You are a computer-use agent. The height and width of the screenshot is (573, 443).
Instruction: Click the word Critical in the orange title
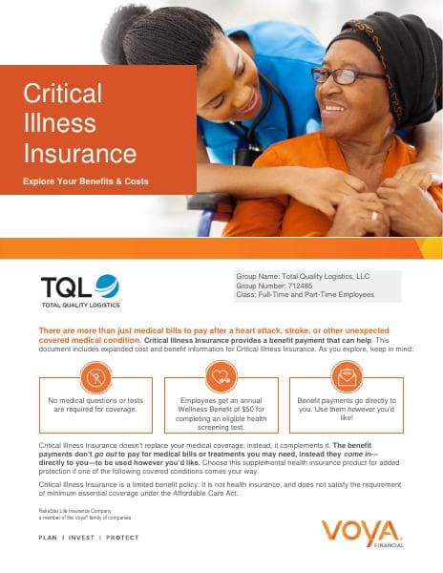(x=62, y=94)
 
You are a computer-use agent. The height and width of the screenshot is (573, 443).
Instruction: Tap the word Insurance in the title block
(x=79, y=152)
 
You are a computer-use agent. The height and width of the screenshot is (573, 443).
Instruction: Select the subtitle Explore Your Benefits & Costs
(x=86, y=180)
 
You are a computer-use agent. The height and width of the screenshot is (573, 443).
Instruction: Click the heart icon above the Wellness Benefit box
(x=221, y=375)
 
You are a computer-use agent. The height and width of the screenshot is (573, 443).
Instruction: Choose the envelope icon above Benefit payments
(x=347, y=375)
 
